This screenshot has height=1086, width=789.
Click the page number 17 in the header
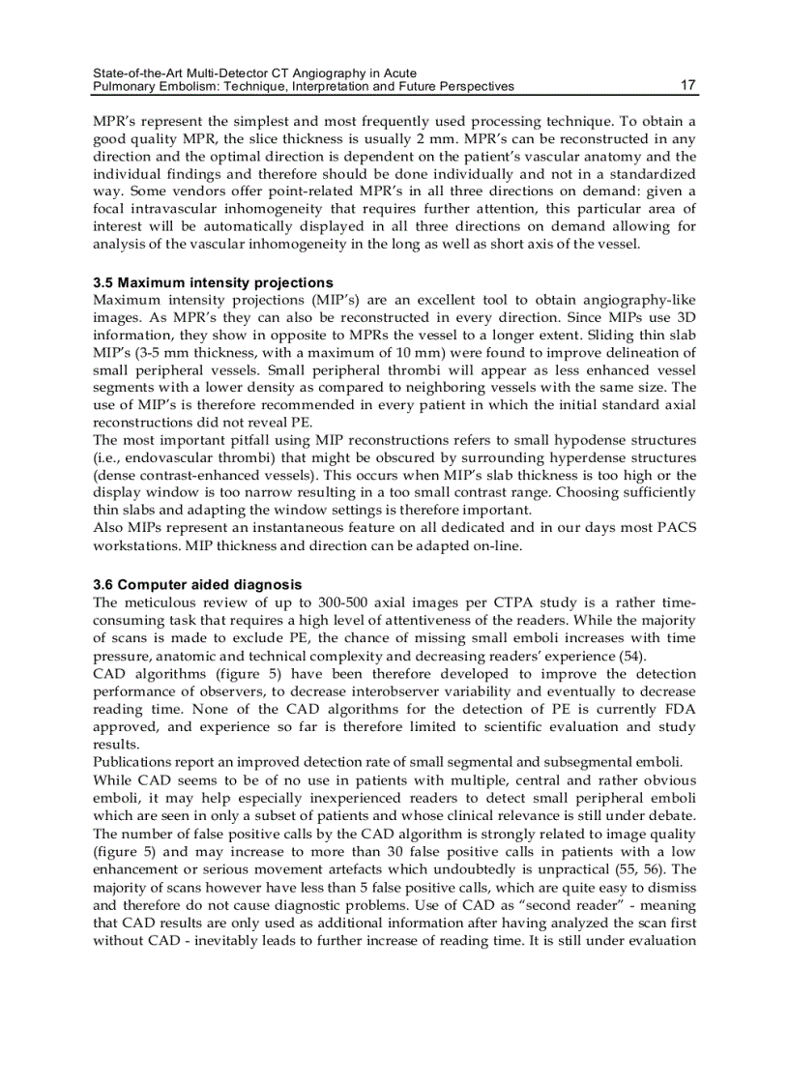[x=687, y=86]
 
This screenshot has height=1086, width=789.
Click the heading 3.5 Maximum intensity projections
[x=213, y=283]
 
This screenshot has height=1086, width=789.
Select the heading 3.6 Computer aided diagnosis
[x=197, y=585]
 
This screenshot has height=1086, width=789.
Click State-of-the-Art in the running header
[x=134, y=73]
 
